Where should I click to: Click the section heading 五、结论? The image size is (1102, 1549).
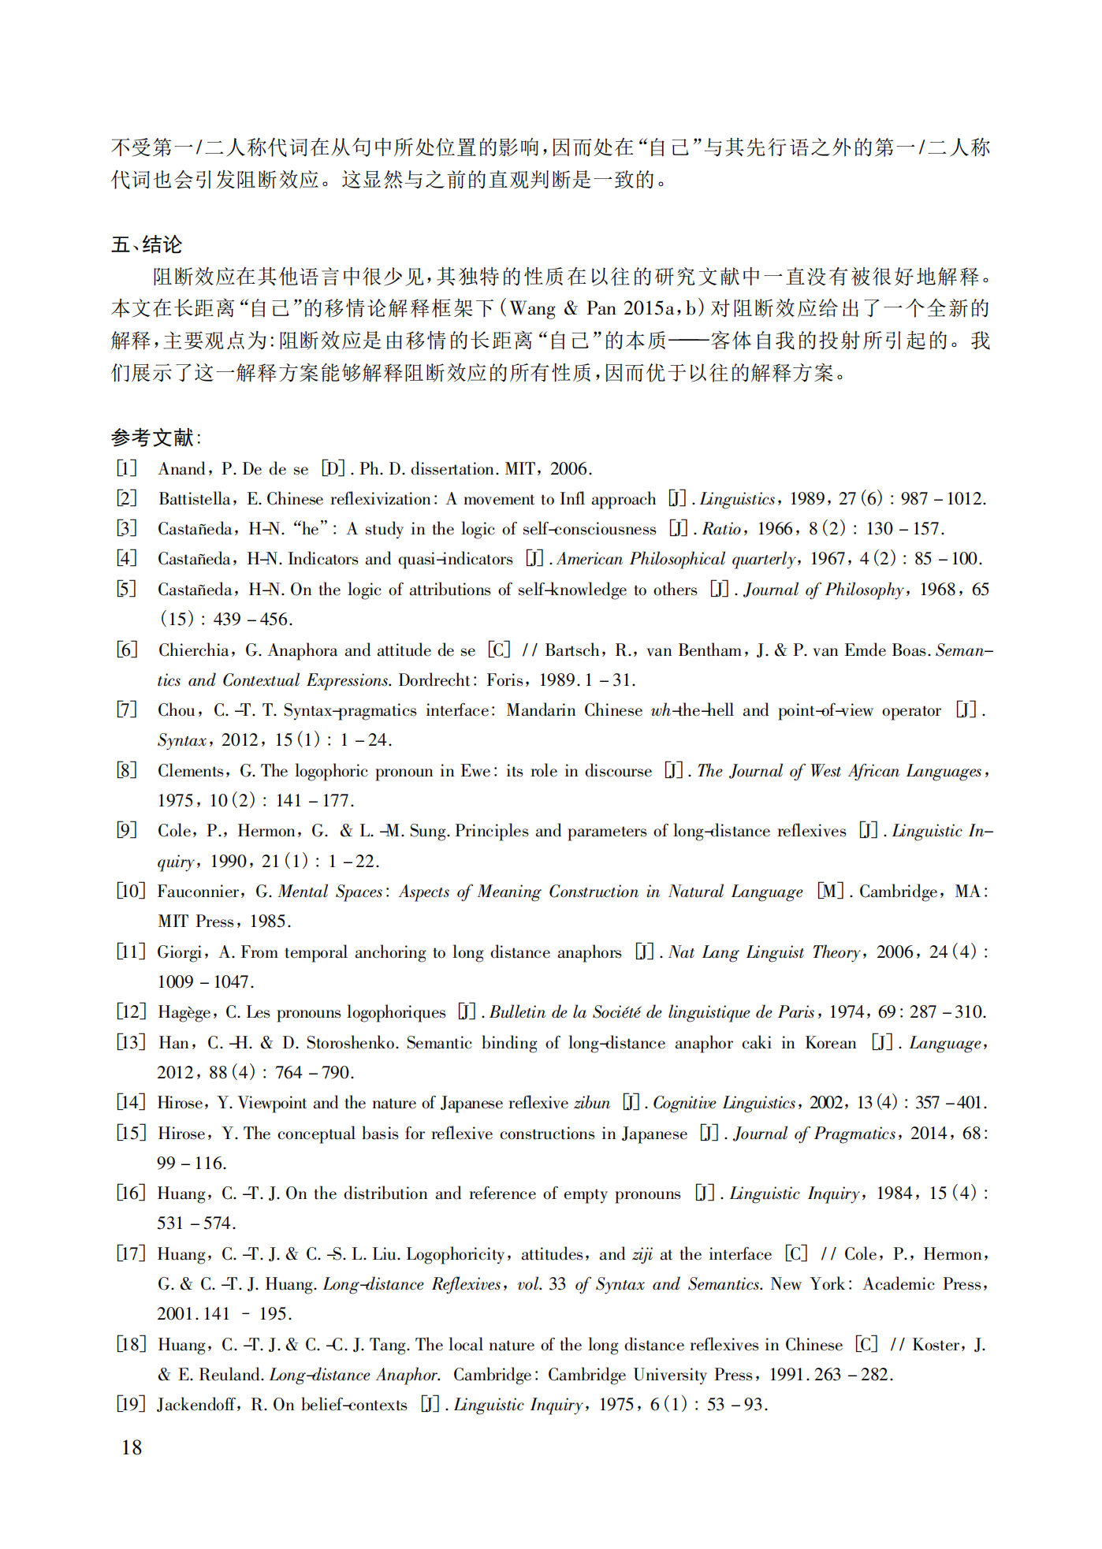pos(147,244)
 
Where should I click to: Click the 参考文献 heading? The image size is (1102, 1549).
pos(155,438)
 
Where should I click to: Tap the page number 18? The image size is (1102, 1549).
pos(132,1447)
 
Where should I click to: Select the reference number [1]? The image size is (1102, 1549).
pos(127,468)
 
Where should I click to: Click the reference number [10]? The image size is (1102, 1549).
pos(131,891)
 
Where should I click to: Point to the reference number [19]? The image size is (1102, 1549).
pos(131,1404)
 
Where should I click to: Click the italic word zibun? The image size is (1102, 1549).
pos(591,1103)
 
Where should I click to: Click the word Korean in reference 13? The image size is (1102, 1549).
pos(830,1043)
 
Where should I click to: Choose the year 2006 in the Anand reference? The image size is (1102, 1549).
pos(569,469)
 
